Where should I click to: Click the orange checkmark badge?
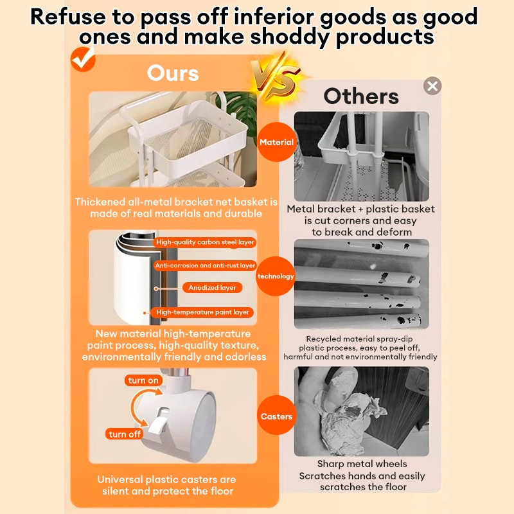tap(83, 59)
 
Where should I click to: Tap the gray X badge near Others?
tap(432, 86)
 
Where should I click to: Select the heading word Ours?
tap(173, 73)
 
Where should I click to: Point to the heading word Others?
tap(361, 96)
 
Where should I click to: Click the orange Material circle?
tap(276, 142)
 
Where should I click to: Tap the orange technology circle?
tap(276, 276)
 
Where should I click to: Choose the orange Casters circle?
tap(276, 416)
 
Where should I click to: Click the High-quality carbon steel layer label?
tap(205, 242)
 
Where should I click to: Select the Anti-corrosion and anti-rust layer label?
tap(205, 265)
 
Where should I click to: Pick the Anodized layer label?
tap(213, 287)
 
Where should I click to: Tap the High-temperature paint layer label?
tap(202, 312)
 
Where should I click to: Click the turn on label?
tap(143, 380)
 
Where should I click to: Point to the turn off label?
tap(125, 434)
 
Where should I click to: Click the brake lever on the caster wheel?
tap(158, 423)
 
